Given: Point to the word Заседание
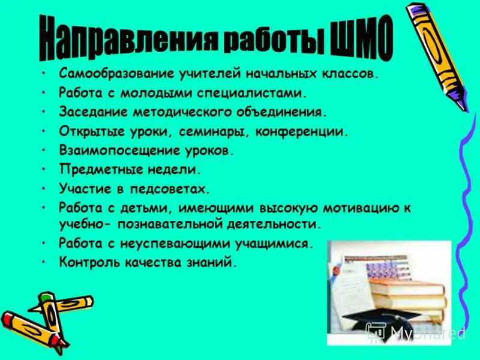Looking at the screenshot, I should point(88,112).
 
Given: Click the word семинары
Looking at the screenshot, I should point(216,131).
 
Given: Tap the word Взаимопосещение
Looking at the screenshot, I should point(113,151).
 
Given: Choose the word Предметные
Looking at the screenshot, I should point(92,170).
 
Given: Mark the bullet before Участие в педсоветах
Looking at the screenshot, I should point(44,189).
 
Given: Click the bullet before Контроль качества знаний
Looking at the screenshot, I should point(44,262).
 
